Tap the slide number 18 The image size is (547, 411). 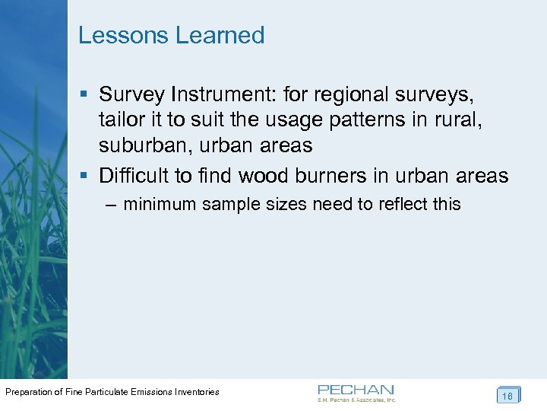click(507, 396)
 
